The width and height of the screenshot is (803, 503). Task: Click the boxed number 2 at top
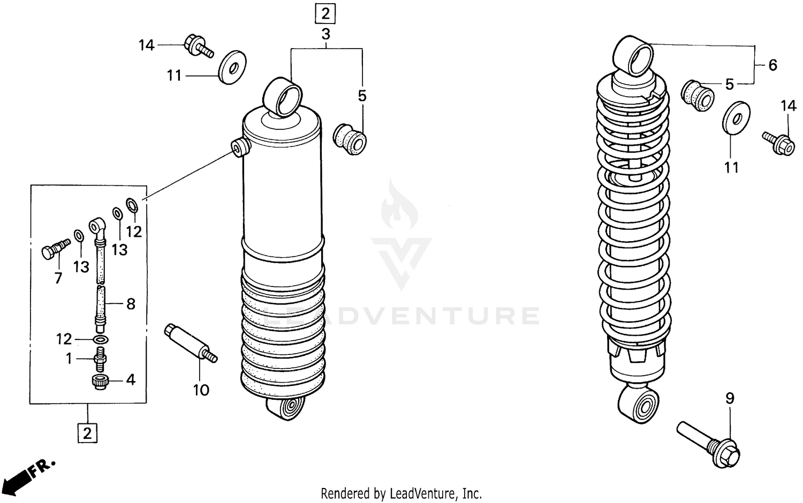click(325, 13)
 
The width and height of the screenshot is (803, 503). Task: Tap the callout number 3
click(325, 35)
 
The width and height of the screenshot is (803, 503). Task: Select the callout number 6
click(772, 65)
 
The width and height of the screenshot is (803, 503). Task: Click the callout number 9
click(730, 398)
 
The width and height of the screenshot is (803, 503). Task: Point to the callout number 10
click(201, 391)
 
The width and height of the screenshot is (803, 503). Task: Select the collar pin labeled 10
click(190, 343)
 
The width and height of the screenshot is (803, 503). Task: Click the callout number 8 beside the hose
click(130, 304)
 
